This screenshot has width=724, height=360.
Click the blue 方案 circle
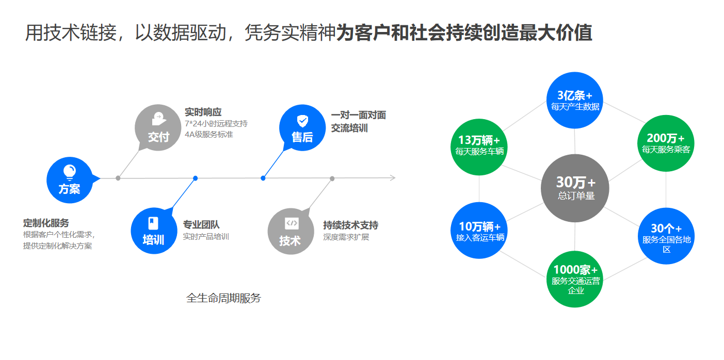tap(69, 179)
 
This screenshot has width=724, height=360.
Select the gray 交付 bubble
tap(158, 127)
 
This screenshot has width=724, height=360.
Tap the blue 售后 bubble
tap(302, 128)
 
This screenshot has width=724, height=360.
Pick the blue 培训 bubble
tap(154, 231)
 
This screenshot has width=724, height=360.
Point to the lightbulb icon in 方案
tap(69, 171)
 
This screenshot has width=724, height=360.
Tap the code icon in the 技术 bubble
tap(292, 223)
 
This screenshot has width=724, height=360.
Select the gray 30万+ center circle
tap(575, 188)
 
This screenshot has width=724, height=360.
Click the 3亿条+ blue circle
tap(575, 100)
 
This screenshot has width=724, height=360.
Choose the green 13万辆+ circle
tap(479, 146)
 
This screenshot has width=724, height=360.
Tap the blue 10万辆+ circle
tap(480, 231)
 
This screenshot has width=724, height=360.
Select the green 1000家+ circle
tap(575, 279)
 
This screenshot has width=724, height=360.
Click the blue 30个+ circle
tap(666, 236)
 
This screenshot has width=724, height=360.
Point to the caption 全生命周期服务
tap(223, 298)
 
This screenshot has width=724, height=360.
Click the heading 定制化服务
tap(46, 223)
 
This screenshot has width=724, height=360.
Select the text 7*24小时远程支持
tap(216, 124)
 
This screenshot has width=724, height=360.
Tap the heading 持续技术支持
tap(351, 225)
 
